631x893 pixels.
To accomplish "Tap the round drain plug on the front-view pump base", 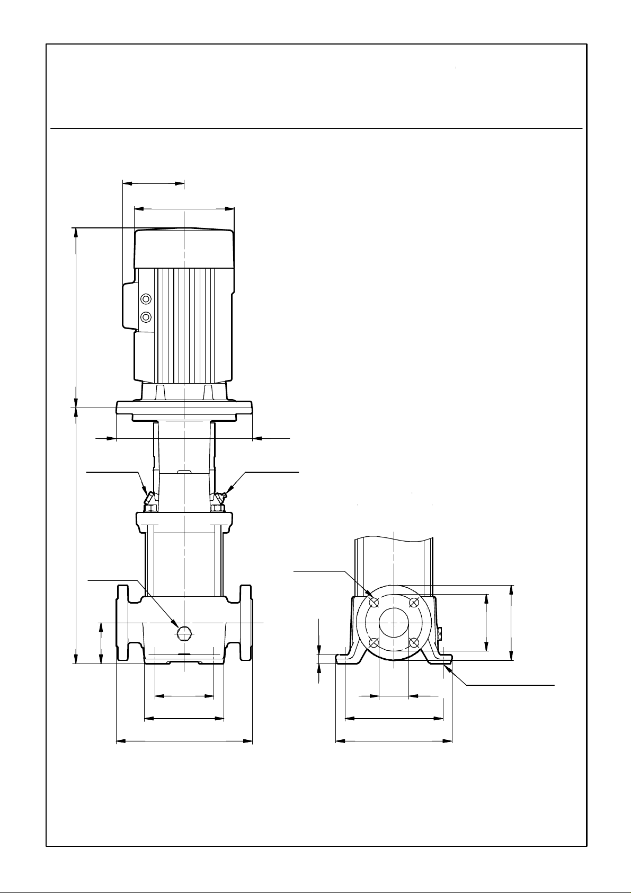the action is tap(183, 632).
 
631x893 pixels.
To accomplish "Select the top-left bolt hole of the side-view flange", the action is tap(375, 603).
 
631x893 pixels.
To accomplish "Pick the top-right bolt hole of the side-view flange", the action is tap(415, 602).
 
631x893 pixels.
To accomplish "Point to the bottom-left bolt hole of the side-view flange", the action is tap(374, 643).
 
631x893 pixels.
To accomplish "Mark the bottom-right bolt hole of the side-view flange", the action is tap(415, 643).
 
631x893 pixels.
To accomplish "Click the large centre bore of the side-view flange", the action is tap(394, 623).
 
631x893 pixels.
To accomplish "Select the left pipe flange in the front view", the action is tap(122, 623).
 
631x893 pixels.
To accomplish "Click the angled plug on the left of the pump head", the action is tap(149, 499).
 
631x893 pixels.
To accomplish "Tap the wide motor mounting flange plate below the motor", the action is tap(184, 409).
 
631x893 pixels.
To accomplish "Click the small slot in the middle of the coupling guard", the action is tap(183, 471).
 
